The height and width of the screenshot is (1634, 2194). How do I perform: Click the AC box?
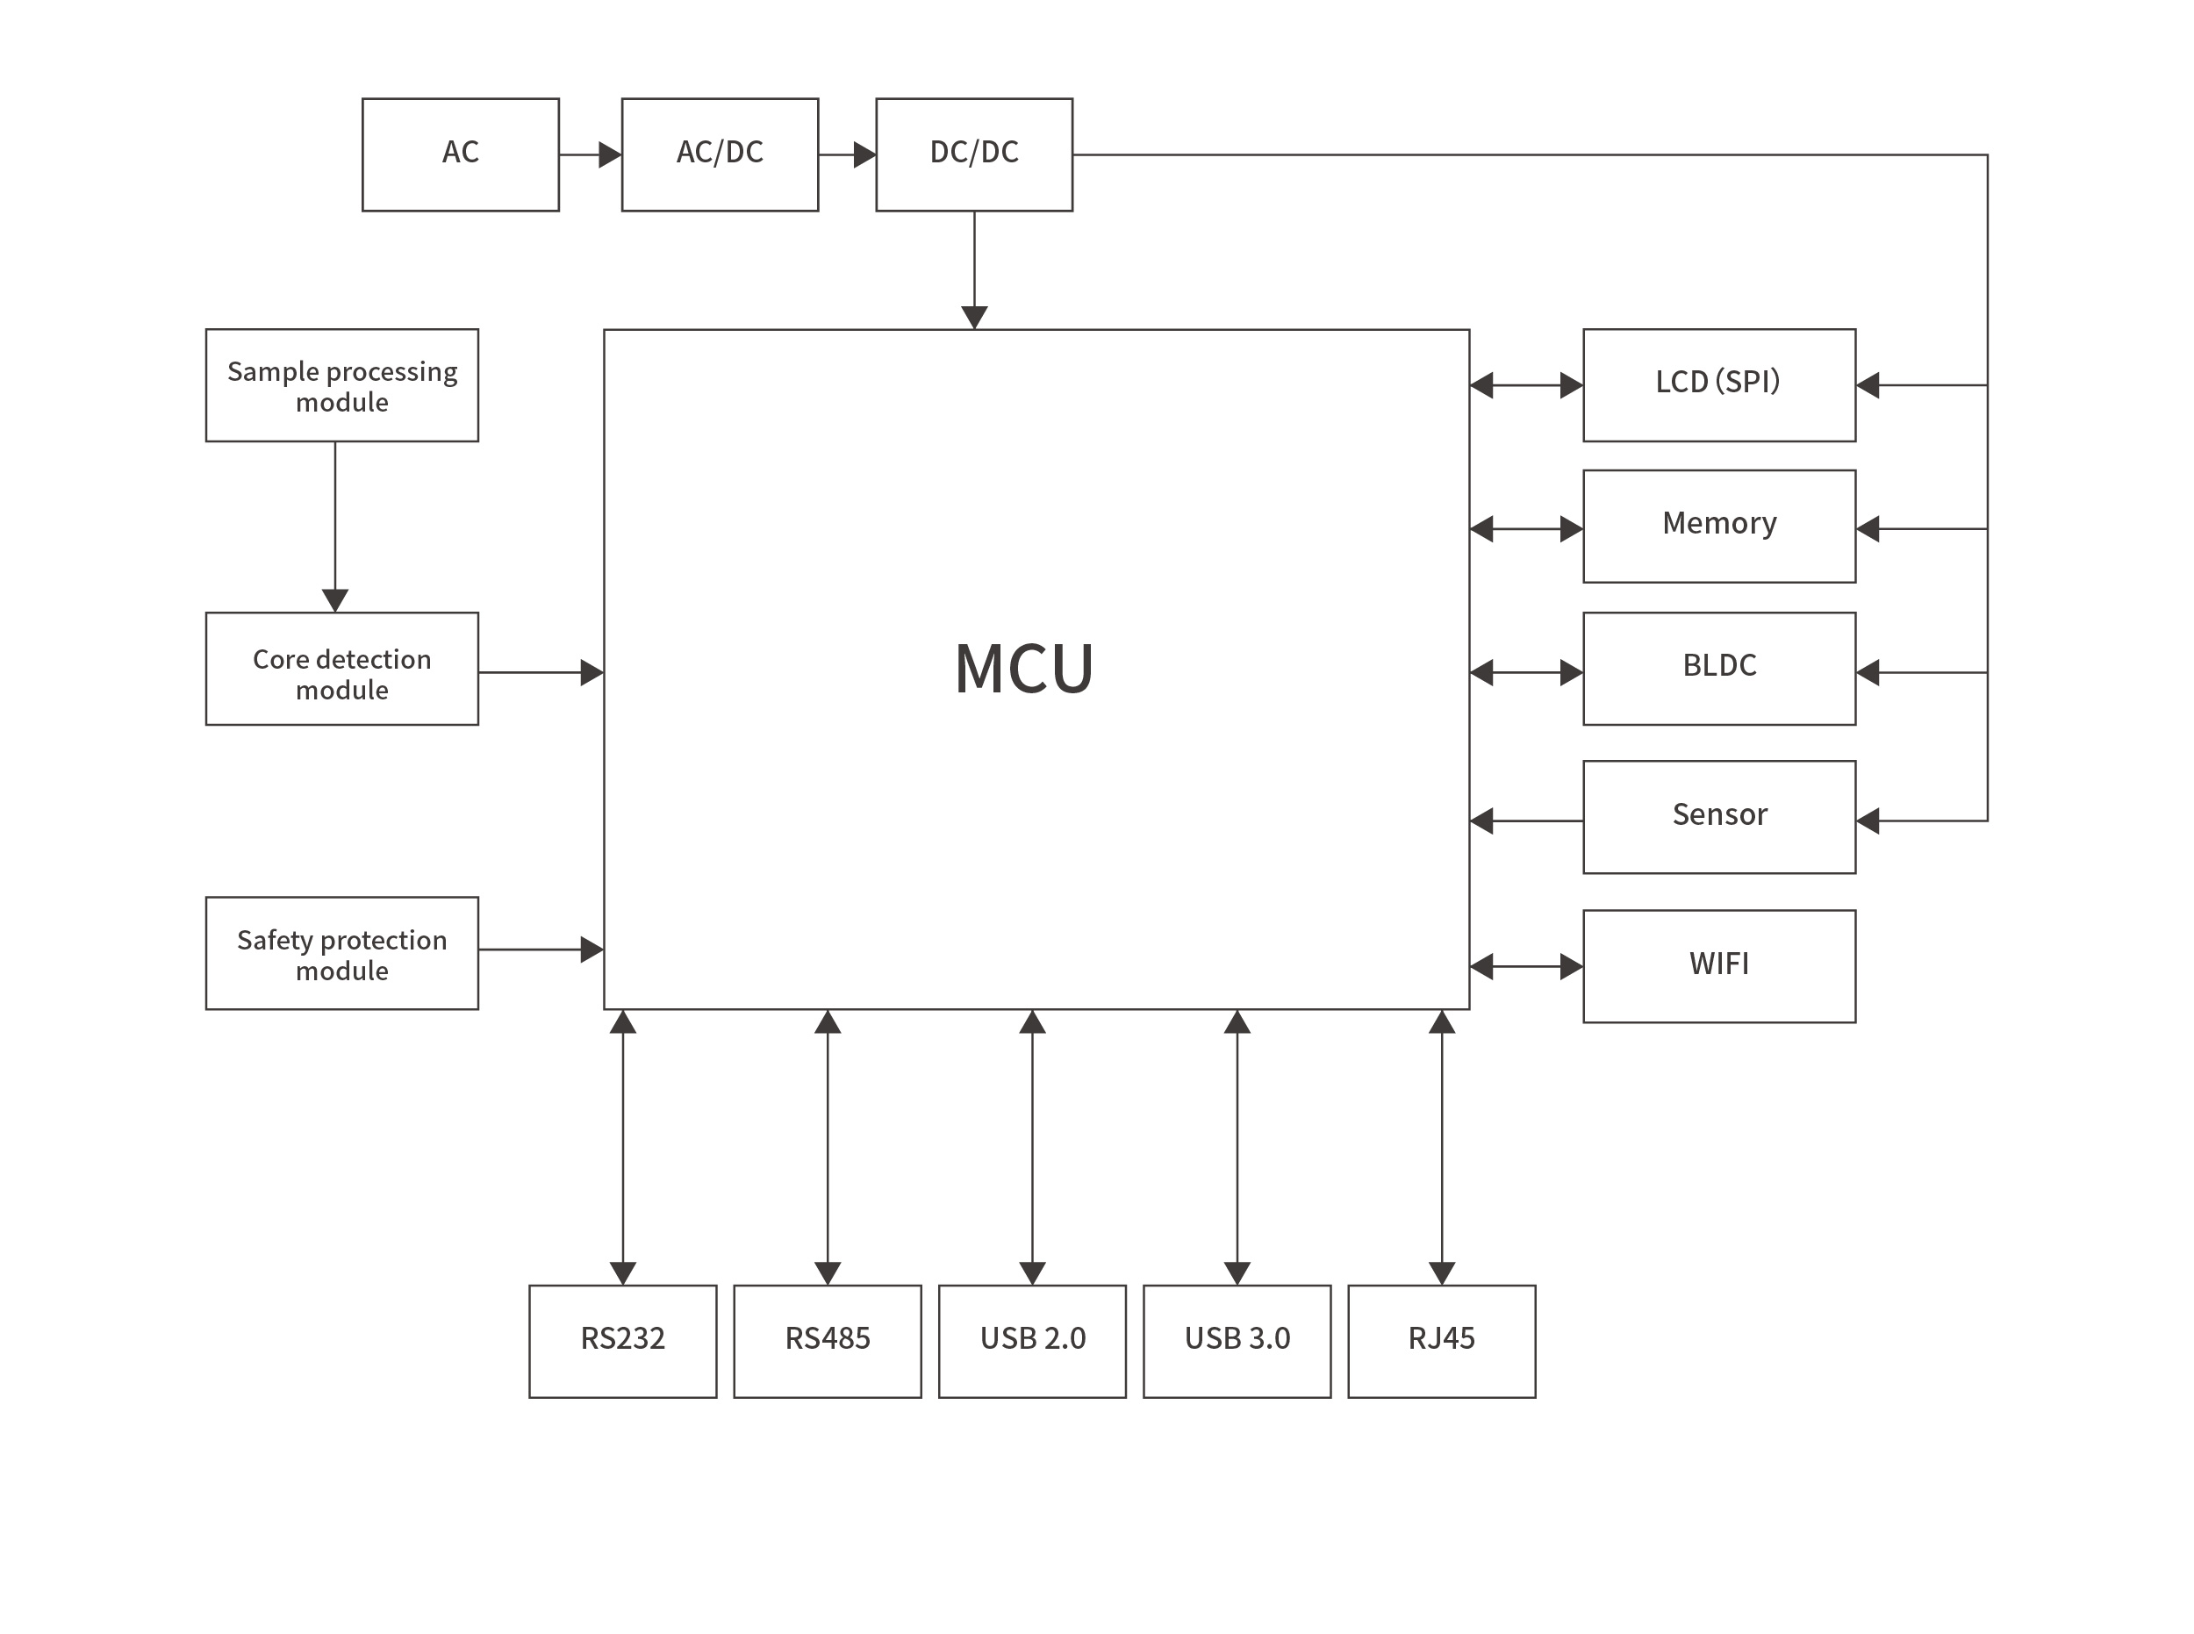(x=460, y=154)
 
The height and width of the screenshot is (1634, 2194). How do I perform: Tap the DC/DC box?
(x=973, y=154)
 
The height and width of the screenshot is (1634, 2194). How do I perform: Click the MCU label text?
(x=1024, y=670)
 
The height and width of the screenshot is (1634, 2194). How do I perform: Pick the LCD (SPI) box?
(x=1718, y=384)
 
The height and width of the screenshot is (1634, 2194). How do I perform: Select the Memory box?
(x=1718, y=527)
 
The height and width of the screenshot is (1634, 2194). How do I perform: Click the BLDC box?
(x=1718, y=669)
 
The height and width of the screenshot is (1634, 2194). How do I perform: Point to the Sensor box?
(x=1718, y=817)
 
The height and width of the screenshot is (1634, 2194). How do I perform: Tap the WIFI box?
(x=1718, y=966)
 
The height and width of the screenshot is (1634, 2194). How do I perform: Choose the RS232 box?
(x=622, y=1341)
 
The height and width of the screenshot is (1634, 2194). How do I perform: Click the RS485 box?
(x=827, y=1341)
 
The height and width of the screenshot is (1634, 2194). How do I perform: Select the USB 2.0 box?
(x=1032, y=1341)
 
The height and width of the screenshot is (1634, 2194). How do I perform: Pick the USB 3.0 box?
(x=1237, y=1341)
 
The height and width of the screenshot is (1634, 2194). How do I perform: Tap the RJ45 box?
(x=1441, y=1341)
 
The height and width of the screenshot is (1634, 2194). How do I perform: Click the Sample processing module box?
(x=341, y=384)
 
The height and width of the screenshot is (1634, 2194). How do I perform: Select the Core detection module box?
(x=341, y=669)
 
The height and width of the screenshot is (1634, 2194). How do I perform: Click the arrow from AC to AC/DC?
(x=591, y=154)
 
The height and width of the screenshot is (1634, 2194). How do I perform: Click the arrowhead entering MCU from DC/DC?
(x=974, y=317)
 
